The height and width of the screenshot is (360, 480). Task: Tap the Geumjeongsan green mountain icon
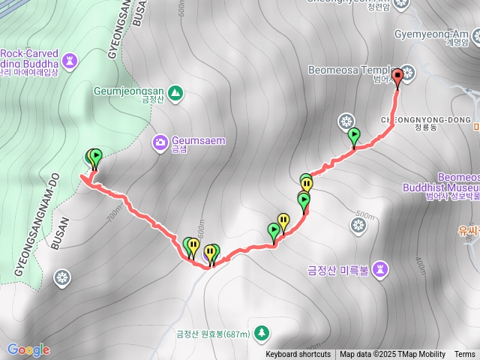175,92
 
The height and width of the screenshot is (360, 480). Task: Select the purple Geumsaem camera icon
160,142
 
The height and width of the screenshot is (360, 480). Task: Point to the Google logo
28,349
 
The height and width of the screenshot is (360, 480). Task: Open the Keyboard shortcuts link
298,355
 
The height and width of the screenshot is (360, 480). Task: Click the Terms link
464,355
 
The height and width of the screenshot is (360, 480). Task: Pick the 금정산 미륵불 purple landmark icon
381,268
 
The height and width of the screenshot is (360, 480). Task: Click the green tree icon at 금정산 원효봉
260,331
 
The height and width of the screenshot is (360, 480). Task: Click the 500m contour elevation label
365,214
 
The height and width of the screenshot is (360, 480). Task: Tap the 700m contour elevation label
113,216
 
